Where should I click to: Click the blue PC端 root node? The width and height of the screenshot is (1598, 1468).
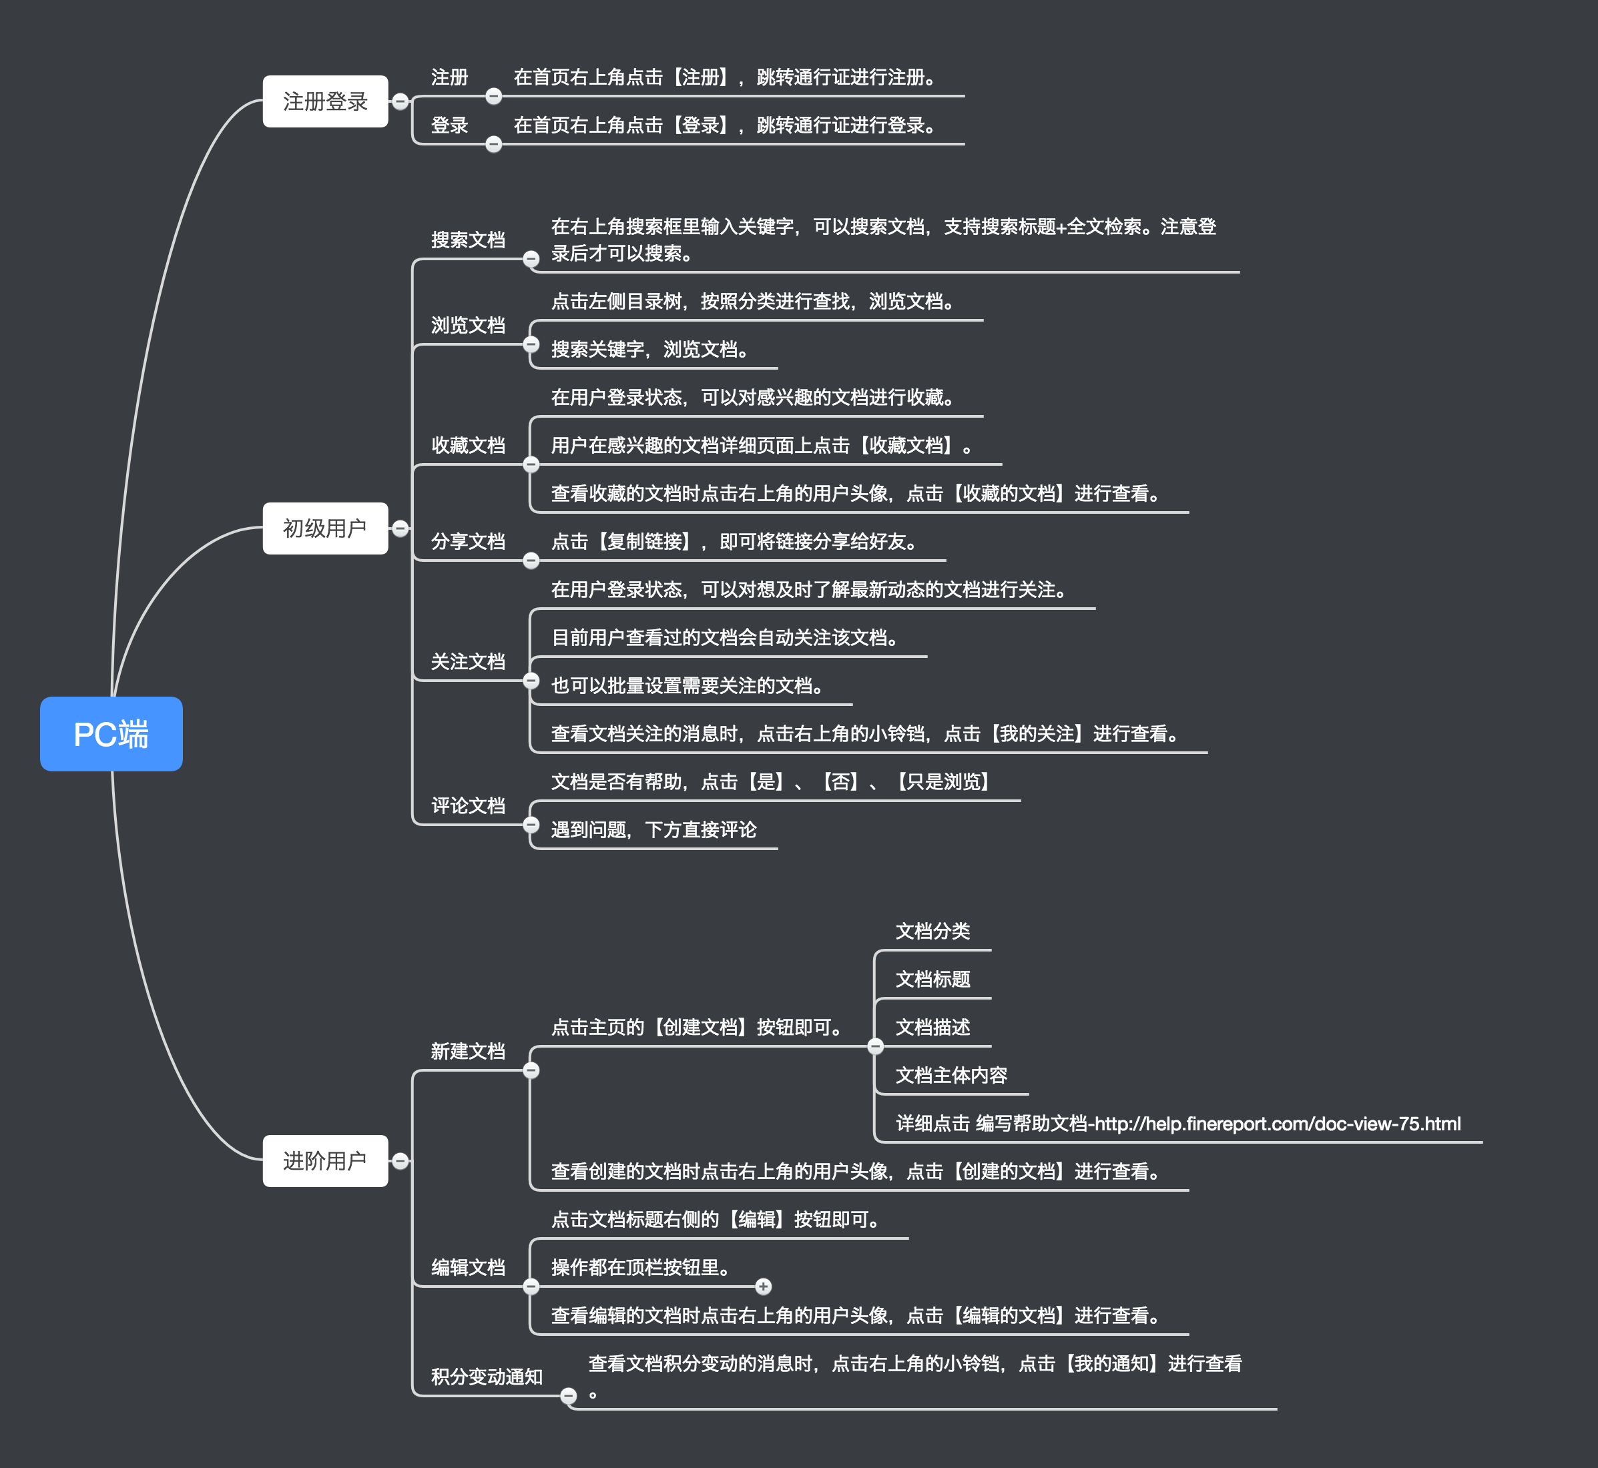(111, 733)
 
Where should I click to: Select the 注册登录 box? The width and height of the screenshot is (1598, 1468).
(325, 101)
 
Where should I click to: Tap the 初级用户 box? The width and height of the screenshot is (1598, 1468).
(325, 528)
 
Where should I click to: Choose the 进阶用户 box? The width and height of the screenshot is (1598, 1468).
(325, 1160)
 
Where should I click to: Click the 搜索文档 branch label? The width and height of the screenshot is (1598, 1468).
(468, 240)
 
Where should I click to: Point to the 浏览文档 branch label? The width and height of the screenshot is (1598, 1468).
(468, 325)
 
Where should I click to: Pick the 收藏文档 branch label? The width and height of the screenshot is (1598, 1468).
(468, 445)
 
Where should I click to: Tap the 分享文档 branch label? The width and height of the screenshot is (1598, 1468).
(468, 541)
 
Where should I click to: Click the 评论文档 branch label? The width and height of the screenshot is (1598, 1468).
(468, 805)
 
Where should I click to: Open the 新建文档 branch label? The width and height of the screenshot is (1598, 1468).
(468, 1051)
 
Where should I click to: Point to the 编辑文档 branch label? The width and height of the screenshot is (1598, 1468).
(468, 1267)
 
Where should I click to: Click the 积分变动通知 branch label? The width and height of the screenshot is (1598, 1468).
(487, 1376)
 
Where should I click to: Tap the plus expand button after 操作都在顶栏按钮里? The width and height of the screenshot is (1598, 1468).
(763, 1286)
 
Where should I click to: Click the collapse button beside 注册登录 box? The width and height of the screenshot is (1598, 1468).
(401, 101)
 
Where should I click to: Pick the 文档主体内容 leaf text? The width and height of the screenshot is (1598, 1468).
(951, 1075)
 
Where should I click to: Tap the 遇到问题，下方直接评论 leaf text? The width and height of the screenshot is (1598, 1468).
(653, 829)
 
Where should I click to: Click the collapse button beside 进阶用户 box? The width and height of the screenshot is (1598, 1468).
(401, 1160)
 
